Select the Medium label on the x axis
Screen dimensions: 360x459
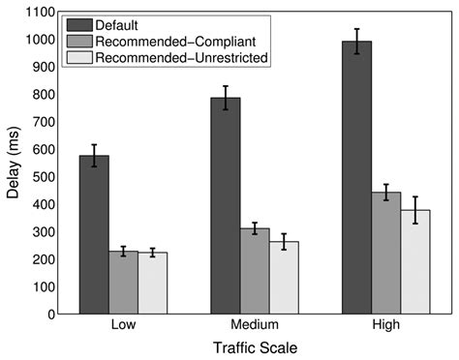[255, 326]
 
